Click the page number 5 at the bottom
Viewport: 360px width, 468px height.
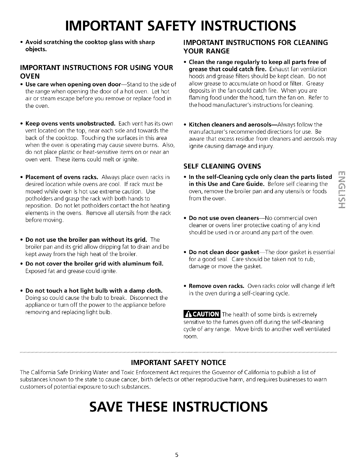[x=177, y=455]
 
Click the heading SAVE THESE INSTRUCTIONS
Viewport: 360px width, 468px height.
[x=180, y=406]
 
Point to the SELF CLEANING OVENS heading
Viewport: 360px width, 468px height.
[x=222, y=166]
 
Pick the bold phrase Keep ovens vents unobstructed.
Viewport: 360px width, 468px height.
[x=71, y=124]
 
